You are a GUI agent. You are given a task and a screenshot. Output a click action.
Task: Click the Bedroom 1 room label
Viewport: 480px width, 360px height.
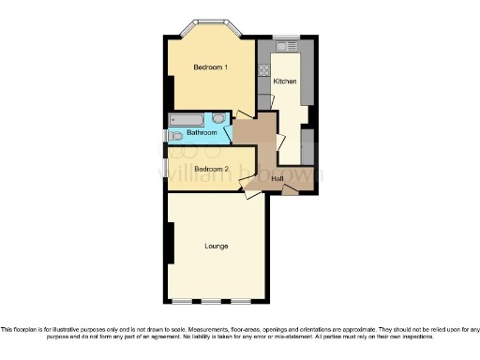click(x=210, y=67)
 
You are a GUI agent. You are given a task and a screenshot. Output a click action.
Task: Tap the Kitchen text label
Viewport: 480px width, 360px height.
click(x=285, y=82)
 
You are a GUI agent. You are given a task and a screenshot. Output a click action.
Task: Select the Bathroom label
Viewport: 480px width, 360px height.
click(x=202, y=133)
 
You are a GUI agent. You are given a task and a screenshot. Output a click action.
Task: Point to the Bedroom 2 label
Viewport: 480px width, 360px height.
click(x=198, y=169)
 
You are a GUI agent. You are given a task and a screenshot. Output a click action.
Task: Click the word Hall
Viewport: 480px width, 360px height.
click(x=277, y=178)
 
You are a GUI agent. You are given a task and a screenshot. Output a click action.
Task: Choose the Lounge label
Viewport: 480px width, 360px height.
click(x=217, y=247)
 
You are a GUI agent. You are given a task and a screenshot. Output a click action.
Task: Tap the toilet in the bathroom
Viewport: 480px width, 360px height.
click(x=219, y=119)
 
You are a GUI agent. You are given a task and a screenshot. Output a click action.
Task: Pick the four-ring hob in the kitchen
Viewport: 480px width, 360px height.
click(x=264, y=67)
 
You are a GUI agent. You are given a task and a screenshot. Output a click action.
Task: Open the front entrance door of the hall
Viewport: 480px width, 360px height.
click(x=292, y=190)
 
